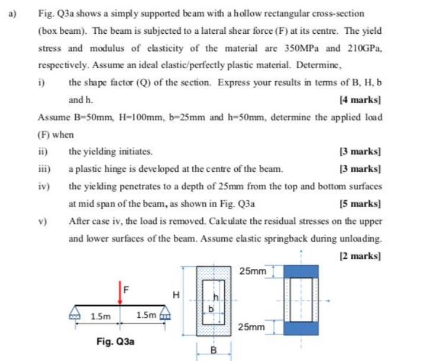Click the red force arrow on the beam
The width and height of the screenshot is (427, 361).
point(121,294)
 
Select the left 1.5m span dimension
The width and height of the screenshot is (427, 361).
point(98,317)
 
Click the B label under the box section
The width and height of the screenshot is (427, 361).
point(213,351)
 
